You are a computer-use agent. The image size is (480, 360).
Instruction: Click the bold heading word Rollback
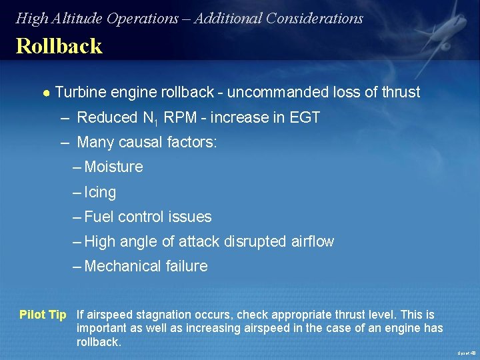pyautogui.click(x=59, y=47)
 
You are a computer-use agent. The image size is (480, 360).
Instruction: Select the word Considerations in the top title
pyautogui.click(x=314, y=19)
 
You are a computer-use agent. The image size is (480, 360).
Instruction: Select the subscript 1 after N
pyautogui.click(x=158, y=121)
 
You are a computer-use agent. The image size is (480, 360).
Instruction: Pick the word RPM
pyautogui.click(x=179, y=118)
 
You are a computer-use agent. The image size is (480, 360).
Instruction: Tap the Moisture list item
pyautogui.click(x=113, y=167)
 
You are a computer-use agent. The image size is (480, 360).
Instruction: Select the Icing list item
pyautogui.click(x=100, y=193)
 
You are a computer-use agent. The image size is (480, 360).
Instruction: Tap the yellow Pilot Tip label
pyautogui.click(x=43, y=315)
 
